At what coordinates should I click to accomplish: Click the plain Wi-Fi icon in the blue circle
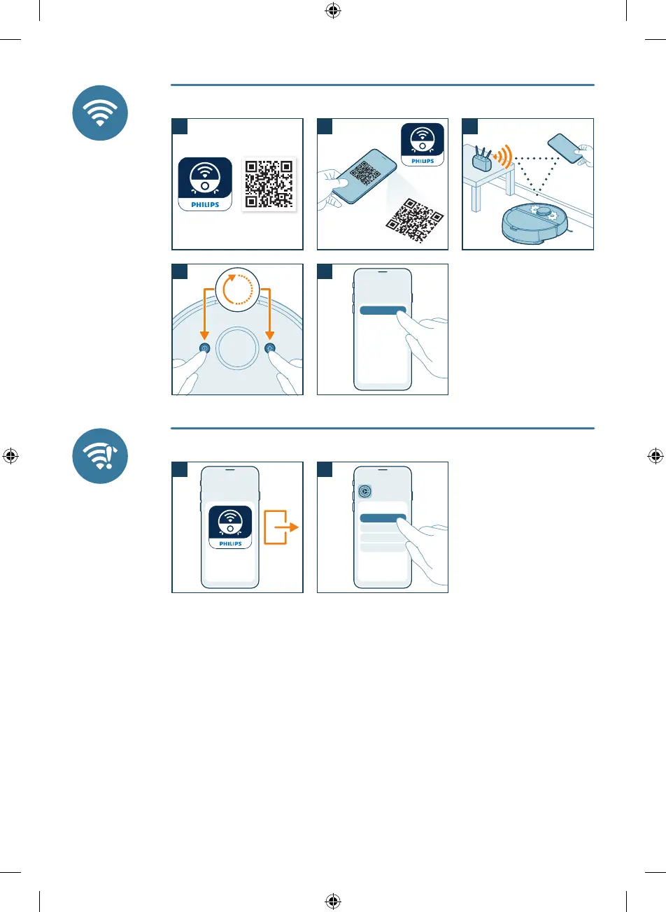100,113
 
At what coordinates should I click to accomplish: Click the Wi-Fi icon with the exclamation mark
100,455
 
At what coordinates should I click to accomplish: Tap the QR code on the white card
269,183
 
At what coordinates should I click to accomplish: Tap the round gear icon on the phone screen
364,492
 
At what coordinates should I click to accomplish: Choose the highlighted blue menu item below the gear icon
383,518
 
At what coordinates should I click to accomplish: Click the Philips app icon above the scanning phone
423,145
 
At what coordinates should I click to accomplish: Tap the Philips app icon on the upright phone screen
230,527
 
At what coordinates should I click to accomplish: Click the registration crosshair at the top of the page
333,10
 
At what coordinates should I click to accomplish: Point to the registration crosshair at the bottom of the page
333,901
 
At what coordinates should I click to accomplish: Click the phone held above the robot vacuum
565,149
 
